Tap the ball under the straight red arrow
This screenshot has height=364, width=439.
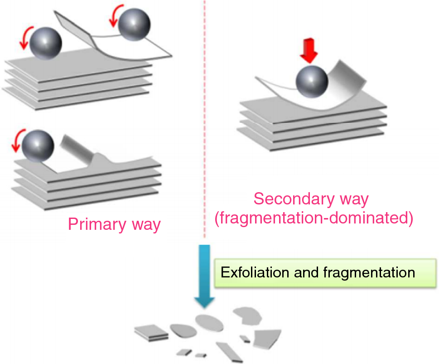click(x=311, y=82)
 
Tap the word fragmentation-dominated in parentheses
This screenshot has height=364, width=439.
click(x=314, y=218)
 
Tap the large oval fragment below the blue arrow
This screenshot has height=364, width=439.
click(x=209, y=322)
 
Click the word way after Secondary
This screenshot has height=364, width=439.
click(x=353, y=199)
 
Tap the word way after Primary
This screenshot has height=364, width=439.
click(x=146, y=224)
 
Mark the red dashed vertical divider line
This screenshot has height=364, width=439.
click(x=204, y=136)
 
